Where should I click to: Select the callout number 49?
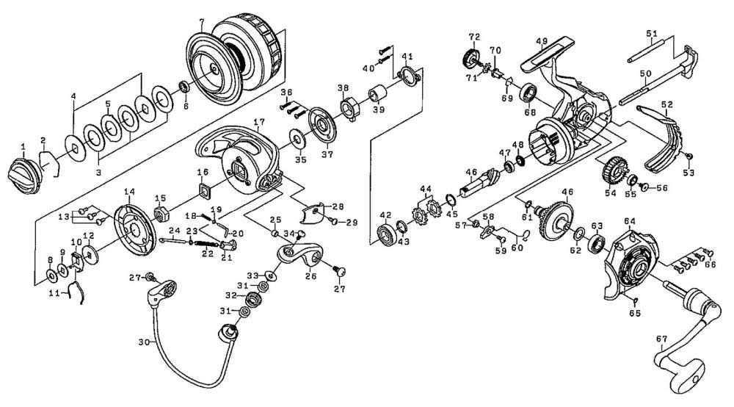[542, 40]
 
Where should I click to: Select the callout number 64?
[629, 221]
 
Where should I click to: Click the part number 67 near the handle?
[662, 339]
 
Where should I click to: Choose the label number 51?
[651, 32]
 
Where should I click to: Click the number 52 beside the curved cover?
[666, 104]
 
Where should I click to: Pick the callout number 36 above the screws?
[286, 92]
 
